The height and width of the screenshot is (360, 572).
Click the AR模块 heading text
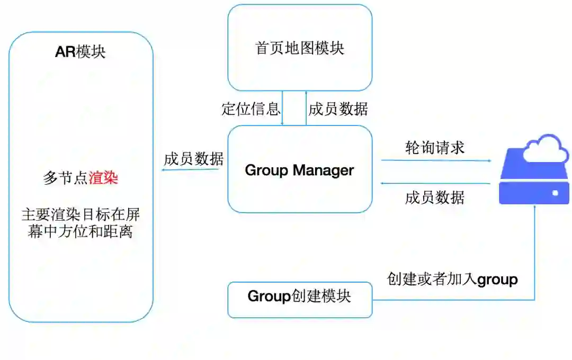[81, 52]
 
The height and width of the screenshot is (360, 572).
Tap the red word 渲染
[103, 178]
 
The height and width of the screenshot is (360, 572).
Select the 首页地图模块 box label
[300, 48]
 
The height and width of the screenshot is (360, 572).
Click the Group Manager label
[299, 170]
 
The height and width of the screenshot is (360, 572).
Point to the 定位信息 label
[251, 109]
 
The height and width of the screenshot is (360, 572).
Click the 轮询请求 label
[435, 148]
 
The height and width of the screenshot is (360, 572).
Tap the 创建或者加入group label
[452, 279]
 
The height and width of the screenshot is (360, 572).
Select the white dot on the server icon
[555, 193]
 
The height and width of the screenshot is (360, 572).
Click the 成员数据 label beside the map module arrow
[338, 109]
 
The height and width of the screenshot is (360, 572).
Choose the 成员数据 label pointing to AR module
[193, 159]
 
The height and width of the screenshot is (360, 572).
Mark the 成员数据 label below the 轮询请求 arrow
[435, 197]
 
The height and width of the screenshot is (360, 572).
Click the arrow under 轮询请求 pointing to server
[435, 160]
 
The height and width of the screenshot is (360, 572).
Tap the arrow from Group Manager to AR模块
[191, 169]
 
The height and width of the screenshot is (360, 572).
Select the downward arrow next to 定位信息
[282, 109]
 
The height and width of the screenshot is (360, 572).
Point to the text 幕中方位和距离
[81, 231]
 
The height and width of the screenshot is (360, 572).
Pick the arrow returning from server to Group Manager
[435, 183]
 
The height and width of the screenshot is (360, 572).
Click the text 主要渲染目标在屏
[81, 215]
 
